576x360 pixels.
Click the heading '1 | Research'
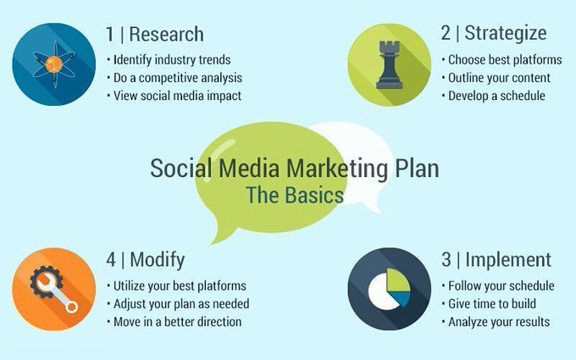155,35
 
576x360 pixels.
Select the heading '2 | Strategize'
494,34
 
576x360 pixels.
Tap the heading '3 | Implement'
496,260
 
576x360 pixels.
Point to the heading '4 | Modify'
145,260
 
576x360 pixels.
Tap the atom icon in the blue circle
53,64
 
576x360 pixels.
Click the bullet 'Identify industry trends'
171,59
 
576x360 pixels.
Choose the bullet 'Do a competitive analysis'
176,78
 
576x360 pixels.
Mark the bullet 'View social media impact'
176,96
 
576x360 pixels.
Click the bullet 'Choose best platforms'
502,60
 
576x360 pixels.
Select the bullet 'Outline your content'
499,78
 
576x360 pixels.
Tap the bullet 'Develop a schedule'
496,96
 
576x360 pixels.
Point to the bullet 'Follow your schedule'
500,285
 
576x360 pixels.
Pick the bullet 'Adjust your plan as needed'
180,303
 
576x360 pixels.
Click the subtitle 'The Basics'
294,195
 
